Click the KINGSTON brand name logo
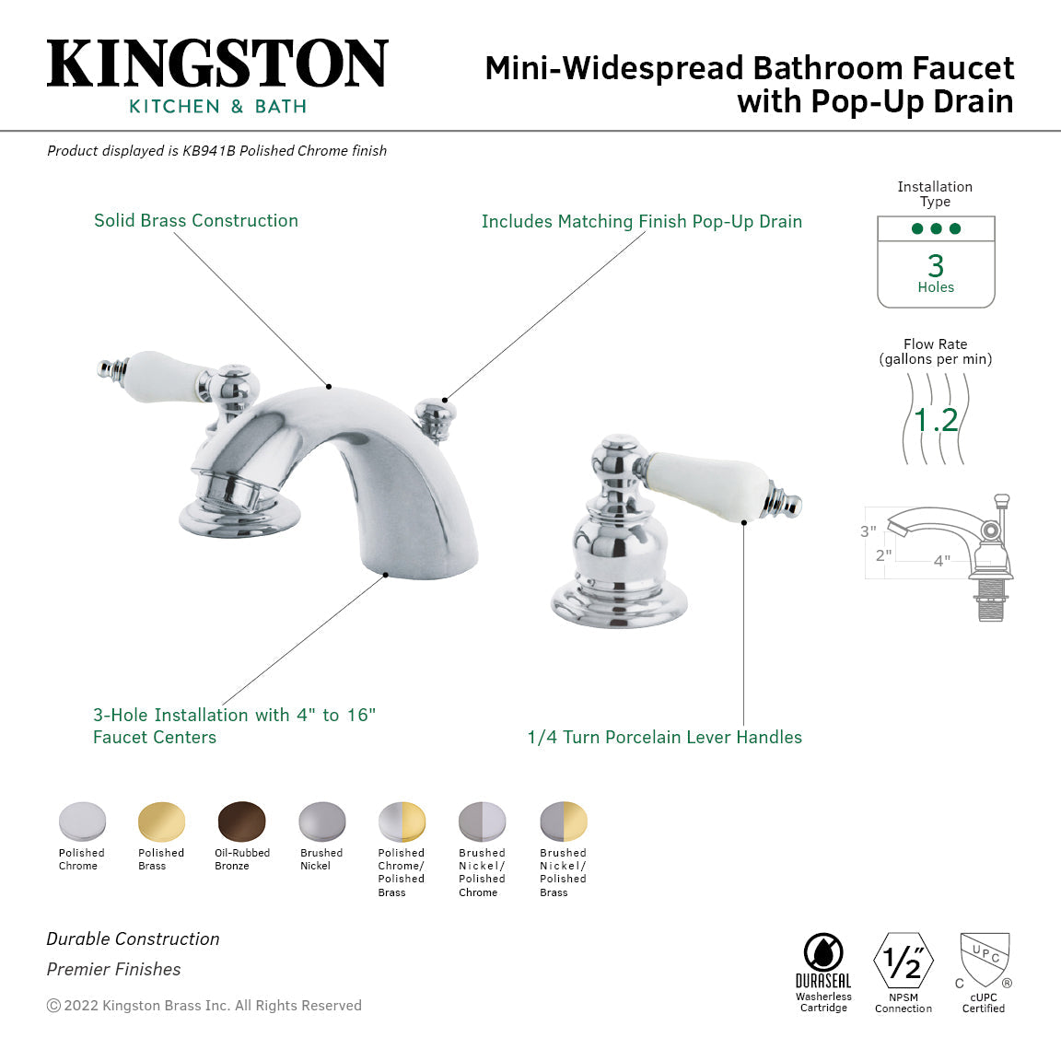point(217,64)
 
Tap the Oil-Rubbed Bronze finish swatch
point(242,822)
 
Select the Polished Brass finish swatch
point(161,822)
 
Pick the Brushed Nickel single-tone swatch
point(321,822)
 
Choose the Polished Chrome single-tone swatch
point(82,822)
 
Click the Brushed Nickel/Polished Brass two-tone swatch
point(563,822)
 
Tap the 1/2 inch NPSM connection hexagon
point(903,962)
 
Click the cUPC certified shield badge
point(985,960)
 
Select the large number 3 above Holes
point(936,265)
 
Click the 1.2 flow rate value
point(936,420)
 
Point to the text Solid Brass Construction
point(196,221)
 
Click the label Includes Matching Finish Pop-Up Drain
point(641,222)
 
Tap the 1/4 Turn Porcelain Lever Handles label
point(664,738)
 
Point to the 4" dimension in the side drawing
point(941,561)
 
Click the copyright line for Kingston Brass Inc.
point(204,1006)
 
